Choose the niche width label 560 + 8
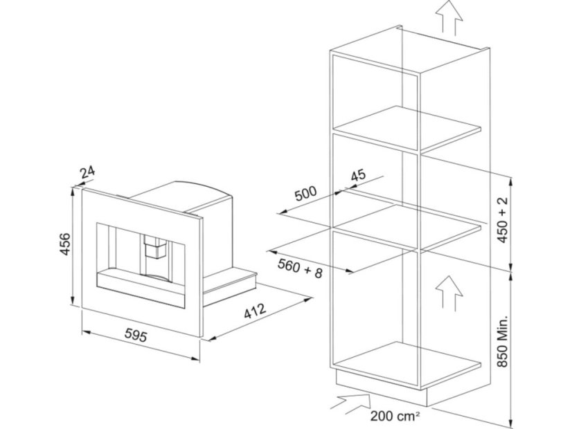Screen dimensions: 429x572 click(300, 266)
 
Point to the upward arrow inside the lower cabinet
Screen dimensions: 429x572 click(448, 291)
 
